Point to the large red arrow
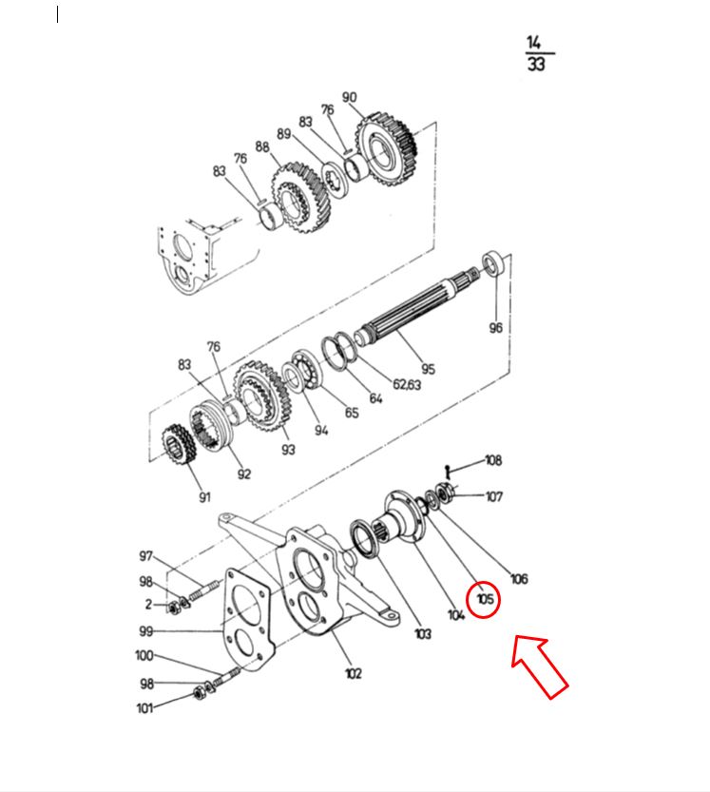coord(538,665)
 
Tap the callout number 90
coord(350,97)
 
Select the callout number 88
coord(262,146)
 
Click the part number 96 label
coord(495,327)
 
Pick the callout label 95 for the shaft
coord(429,369)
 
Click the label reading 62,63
coord(407,384)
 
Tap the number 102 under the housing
coord(353,673)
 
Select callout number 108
coord(493,460)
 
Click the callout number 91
coord(204,497)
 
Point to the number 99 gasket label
coord(146,631)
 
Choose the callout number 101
coord(144,708)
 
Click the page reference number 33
coord(536,64)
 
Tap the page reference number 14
coord(534,43)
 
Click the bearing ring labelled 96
coord(494,262)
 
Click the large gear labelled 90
coord(386,148)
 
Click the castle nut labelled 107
coord(445,492)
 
